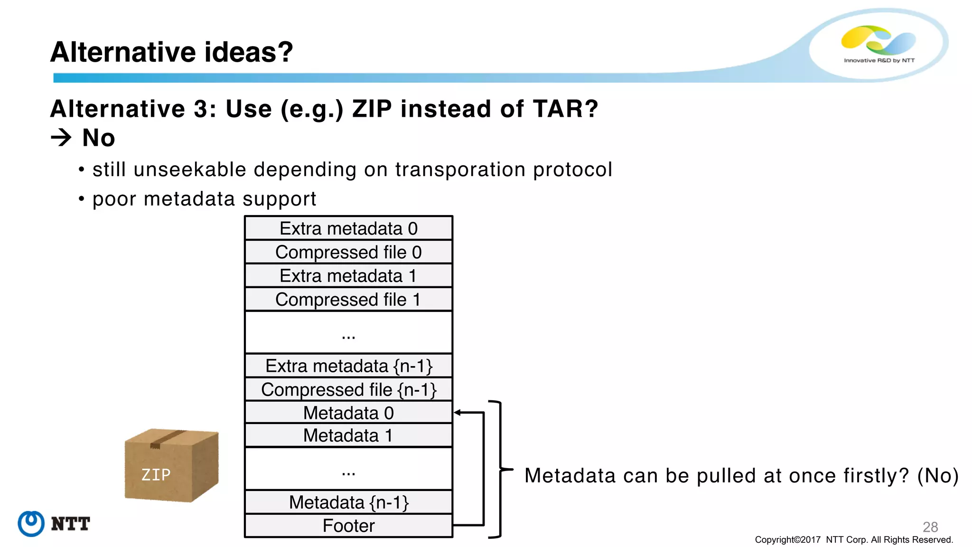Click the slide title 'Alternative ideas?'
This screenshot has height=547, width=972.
(x=171, y=52)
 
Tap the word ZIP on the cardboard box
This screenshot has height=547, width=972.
(x=156, y=474)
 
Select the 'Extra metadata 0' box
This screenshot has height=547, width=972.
(x=348, y=228)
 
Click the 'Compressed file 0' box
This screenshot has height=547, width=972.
(x=348, y=252)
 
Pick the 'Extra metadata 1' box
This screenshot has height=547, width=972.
(x=348, y=276)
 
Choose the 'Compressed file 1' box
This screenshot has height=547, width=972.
(x=348, y=300)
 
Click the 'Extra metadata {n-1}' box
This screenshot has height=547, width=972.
(x=348, y=366)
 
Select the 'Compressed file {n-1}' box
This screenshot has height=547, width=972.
(x=348, y=390)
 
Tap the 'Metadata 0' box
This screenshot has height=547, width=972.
(x=348, y=413)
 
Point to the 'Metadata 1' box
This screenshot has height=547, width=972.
(x=348, y=435)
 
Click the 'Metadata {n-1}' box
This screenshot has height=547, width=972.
(x=348, y=502)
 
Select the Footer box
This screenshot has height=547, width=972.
(x=348, y=526)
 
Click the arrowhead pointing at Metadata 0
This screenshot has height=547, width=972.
(x=458, y=413)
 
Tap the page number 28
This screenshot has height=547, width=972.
(x=930, y=527)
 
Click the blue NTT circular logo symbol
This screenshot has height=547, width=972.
(x=31, y=524)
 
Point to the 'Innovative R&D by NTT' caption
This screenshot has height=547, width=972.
(x=879, y=60)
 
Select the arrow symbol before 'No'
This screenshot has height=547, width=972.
(x=61, y=138)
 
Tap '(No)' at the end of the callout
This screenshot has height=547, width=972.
(x=938, y=475)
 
